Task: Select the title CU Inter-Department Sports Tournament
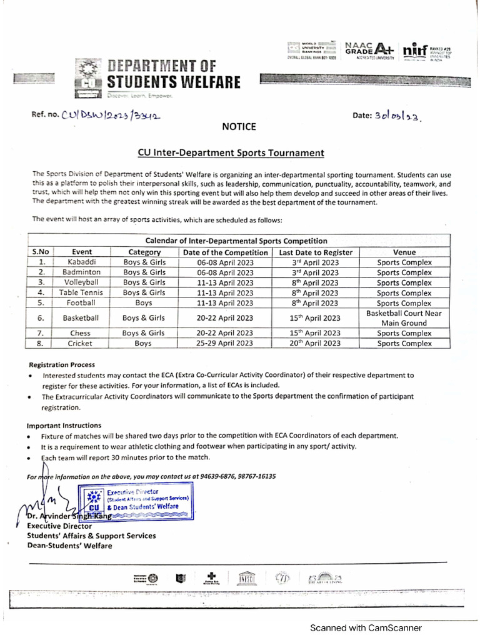pos(231,152)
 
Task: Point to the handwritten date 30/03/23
pos(397,116)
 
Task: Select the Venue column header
pos(404,252)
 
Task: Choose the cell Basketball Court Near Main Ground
pos(404,317)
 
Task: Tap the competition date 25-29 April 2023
pos(225,343)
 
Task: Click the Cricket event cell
pos(81,343)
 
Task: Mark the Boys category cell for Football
pos(144,303)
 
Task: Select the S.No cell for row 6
pos(41,317)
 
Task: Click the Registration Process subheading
pos(62,364)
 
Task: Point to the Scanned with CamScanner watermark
pos(366,627)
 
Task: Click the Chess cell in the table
pos(81,333)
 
